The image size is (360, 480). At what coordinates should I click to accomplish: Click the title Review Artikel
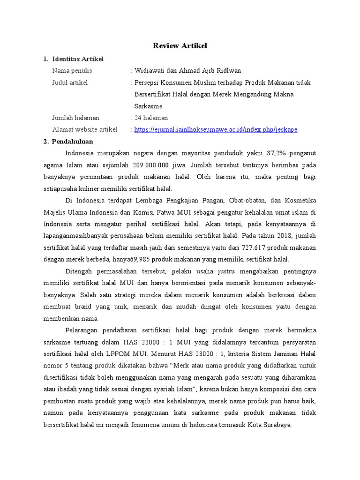pyautogui.click(x=180, y=45)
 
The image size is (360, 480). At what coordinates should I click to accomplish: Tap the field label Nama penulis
pyautogui.click(x=72, y=71)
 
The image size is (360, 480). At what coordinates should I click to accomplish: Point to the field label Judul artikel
pyautogui.click(x=70, y=82)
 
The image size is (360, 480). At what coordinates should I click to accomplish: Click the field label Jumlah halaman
pyautogui.click(x=76, y=118)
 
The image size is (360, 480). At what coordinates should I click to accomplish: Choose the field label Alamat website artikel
pyautogui.click(x=85, y=129)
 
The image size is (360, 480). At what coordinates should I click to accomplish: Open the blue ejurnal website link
pyautogui.click(x=216, y=129)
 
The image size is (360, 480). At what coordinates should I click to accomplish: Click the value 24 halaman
pyautogui.click(x=151, y=118)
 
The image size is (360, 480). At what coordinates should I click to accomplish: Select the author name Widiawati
pyautogui.click(x=149, y=71)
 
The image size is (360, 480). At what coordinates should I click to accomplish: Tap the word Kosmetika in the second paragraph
pyautogui.click(x=300, y=201)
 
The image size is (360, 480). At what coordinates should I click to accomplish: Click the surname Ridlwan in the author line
pyautogui.click(x=228, y=71)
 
